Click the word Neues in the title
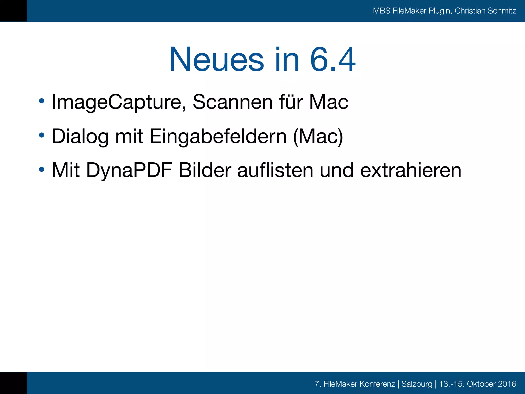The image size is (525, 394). [x=216, y=60]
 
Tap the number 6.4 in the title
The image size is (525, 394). [x=332, y=60]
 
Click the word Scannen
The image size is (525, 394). [x=233, y=102]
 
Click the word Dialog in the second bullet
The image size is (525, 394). [x=80, y=136]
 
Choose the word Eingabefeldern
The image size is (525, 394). [x=218, y=136]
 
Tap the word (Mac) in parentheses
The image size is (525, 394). [x=318, y=136]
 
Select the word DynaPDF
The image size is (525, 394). [x=129, y=170]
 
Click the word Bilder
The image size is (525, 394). [x=205, y=170]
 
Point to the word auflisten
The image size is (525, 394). [x=275, y=170]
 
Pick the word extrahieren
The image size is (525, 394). [x=411, y=170]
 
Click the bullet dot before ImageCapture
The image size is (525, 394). [x=42, y=101]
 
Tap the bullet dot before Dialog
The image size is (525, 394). [x=42, y=135]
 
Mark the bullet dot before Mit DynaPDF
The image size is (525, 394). [x=42, y=169]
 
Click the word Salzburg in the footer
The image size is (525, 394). [x=417, y=384]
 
